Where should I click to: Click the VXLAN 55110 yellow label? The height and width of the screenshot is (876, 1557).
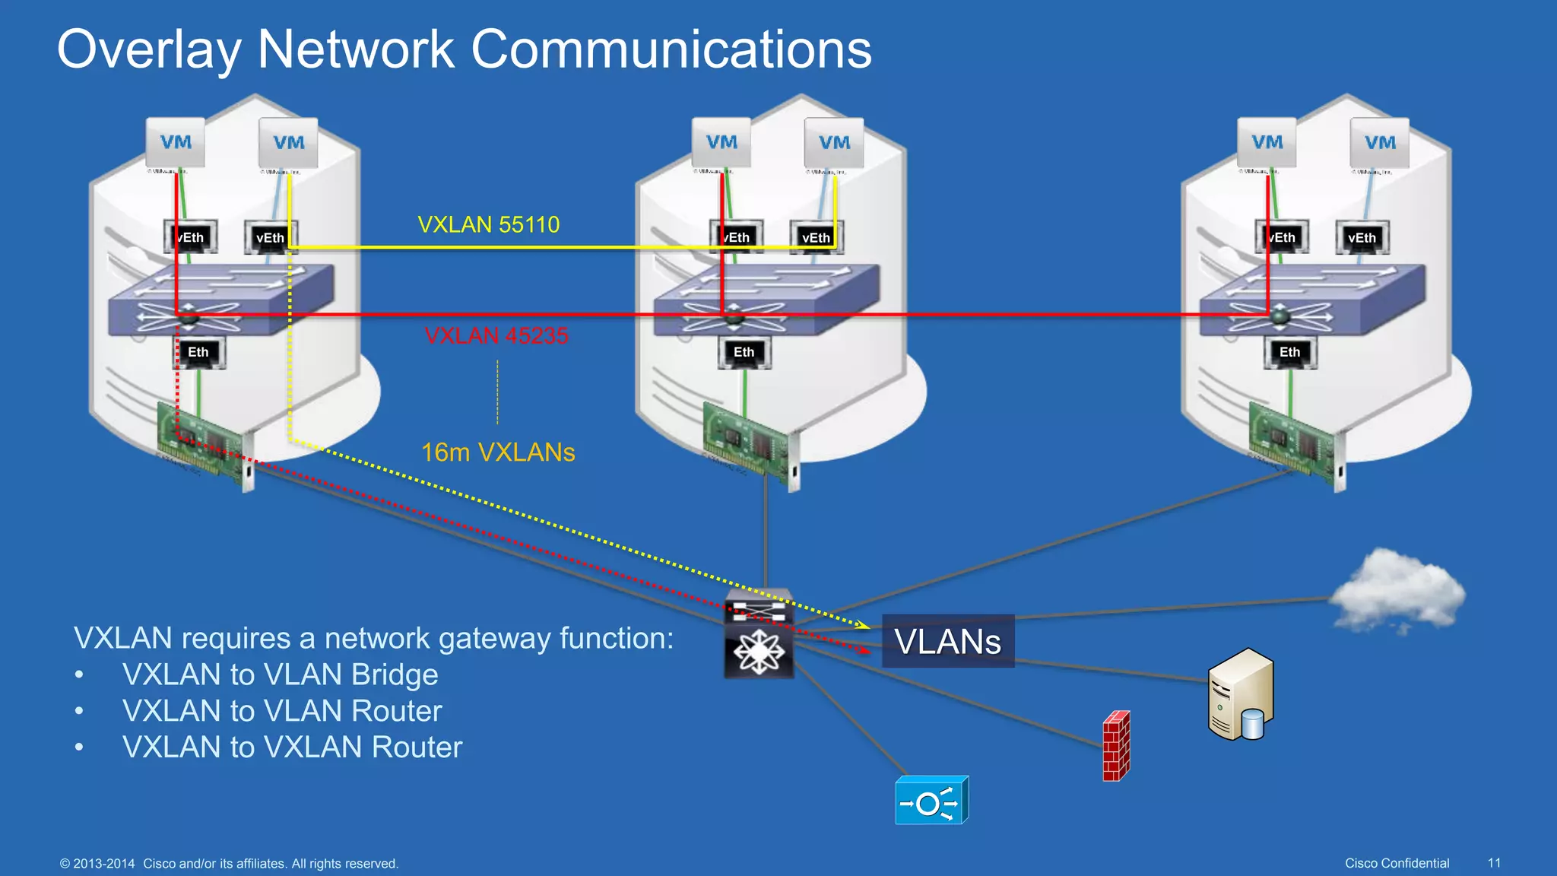tap(488, 225)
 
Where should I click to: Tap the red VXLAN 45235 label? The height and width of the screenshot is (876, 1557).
tap(496, 335)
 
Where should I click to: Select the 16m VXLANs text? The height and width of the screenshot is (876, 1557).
tap(498, 452)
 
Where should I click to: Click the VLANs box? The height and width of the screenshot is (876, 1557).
tap(947, 641)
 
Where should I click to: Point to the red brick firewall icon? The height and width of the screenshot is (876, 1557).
tap(1116, 746)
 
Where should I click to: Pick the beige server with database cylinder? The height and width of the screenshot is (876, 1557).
tap(1241, 694)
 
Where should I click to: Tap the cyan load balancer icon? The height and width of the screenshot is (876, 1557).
tap(931, 801)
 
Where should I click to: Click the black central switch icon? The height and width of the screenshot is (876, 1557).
tap(759, 634)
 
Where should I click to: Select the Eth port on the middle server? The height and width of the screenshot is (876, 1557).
tap(744, 352)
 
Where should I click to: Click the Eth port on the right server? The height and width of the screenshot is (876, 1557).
tap(1289, 352)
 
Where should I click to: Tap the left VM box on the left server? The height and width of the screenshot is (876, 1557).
tap(176, 142)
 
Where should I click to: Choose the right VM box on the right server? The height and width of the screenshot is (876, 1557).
tap(1379, 142)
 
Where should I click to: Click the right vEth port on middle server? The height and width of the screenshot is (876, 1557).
tap(815, 237)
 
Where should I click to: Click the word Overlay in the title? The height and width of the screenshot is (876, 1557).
tap(149, 50)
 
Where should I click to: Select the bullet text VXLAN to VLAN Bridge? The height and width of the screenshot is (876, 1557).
tap(280, 674)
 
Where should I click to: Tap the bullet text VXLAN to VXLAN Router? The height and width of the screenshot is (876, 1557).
tap(292, 747)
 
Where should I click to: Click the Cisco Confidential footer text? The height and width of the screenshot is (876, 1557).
tap(1397, 863)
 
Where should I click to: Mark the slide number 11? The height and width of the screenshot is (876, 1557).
tap(1494, 863)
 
